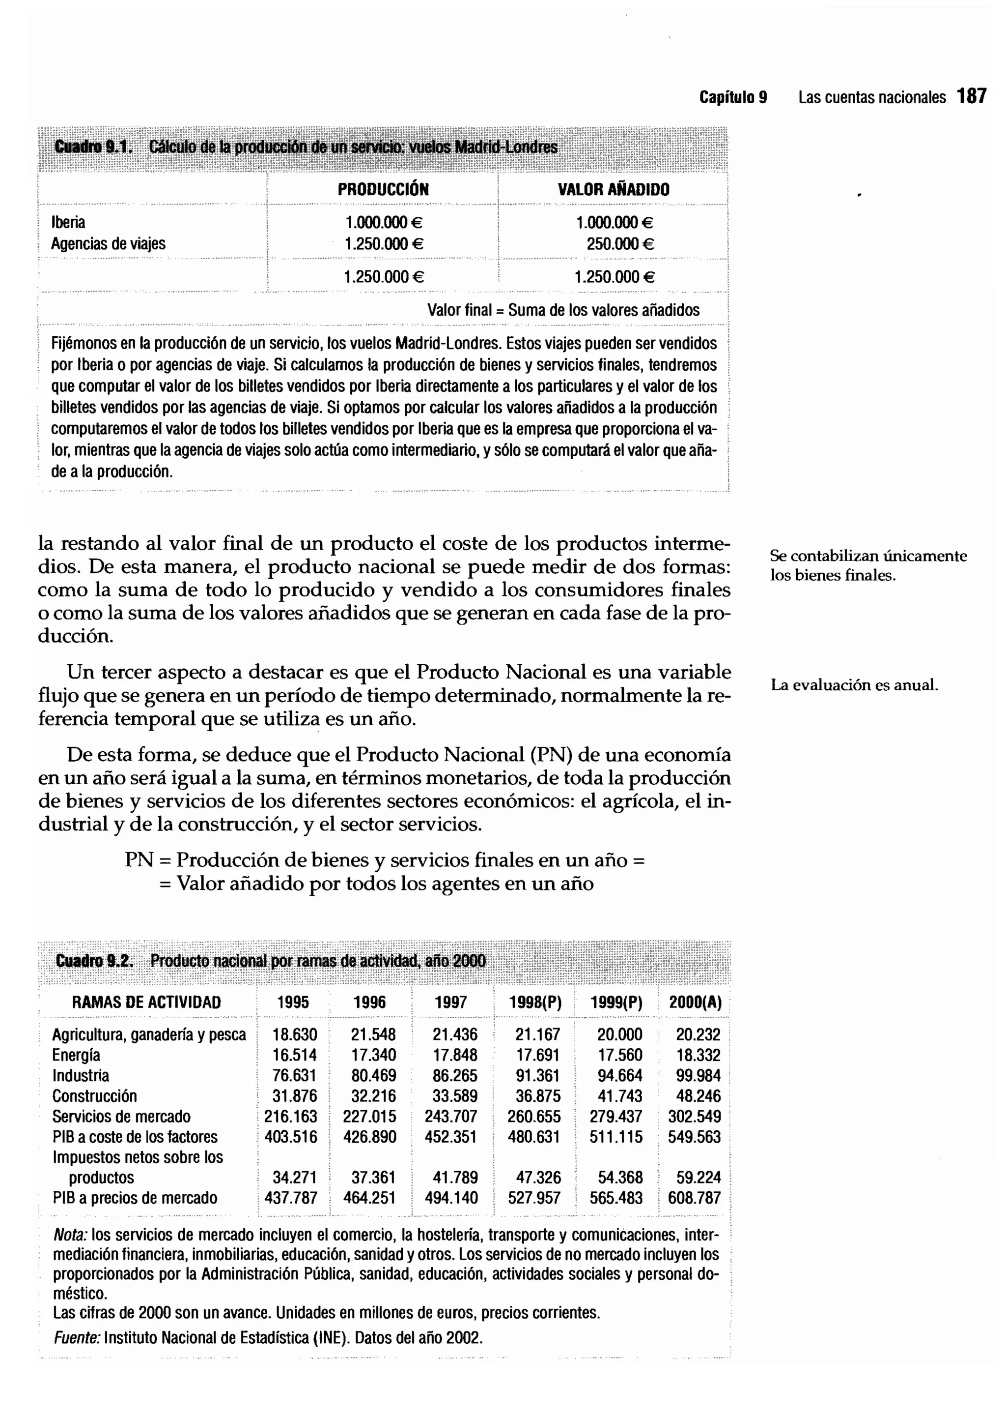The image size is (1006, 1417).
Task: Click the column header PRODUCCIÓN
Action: coord(383,190)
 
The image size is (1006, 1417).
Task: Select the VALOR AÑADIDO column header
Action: coord(613,190)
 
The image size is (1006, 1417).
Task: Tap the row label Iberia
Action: coord(68,223)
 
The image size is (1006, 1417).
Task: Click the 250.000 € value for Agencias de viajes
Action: coord(620,243)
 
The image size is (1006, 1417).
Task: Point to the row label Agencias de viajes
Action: coord(109,243)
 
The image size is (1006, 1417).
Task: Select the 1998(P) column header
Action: coord(534,1003)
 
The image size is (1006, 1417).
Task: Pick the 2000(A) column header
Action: coord(695,1003)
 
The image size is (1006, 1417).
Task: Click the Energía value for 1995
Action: coord(294,1056)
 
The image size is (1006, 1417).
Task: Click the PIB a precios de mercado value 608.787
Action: coord(695,1198)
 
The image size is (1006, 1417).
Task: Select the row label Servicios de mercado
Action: coord(121,1117)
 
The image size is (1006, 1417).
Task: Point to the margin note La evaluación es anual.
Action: coord(854,685)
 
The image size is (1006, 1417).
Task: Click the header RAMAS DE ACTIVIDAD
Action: coord(146,1003)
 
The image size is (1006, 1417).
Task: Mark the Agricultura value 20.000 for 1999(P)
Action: coord(619,1034)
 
